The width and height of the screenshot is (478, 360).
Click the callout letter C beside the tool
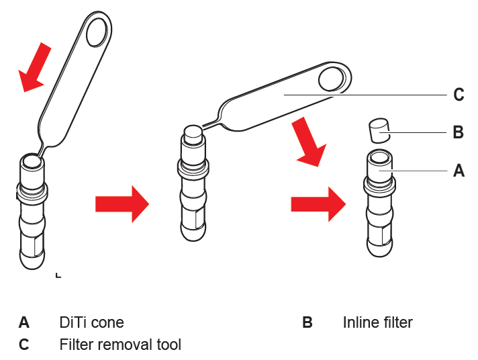(459, 95)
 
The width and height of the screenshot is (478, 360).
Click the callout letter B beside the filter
(459, 132)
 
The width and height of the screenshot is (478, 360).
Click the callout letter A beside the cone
(459, 171)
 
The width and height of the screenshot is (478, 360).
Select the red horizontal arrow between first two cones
(122, 204)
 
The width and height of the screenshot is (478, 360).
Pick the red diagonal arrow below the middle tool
(309, 143)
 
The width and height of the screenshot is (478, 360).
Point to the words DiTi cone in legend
(91, 322)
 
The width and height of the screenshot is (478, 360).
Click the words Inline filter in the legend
(377, 322)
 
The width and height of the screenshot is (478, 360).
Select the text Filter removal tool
(120, 345)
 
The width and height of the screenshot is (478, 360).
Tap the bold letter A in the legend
(24, 322)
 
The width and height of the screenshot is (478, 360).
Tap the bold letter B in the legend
(307, 322)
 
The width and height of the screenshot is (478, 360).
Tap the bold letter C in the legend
(24, 345)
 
